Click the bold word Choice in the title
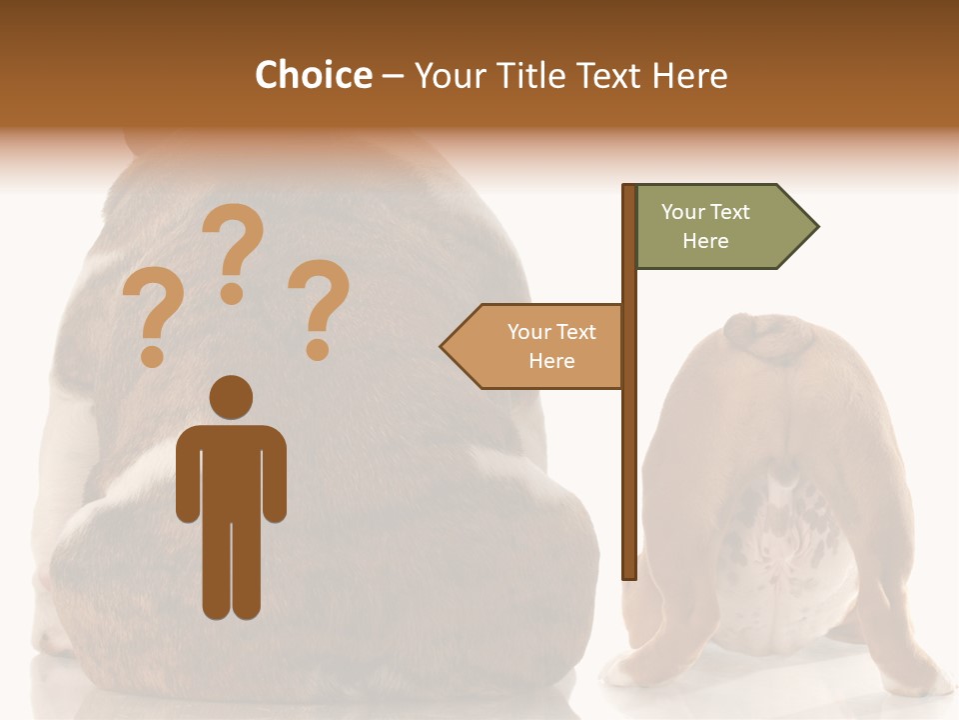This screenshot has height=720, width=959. [313, 75]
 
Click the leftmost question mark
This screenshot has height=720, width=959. [152, 315]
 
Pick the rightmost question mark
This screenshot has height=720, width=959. [319, 305]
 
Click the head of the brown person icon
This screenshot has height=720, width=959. [231, 396]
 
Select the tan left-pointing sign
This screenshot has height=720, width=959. [534, 346]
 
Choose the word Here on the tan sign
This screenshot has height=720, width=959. [551, 361]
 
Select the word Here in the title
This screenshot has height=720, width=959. [689, 75]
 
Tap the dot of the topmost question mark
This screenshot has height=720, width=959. [232, 293]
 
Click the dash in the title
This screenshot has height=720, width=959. [393, 77]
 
